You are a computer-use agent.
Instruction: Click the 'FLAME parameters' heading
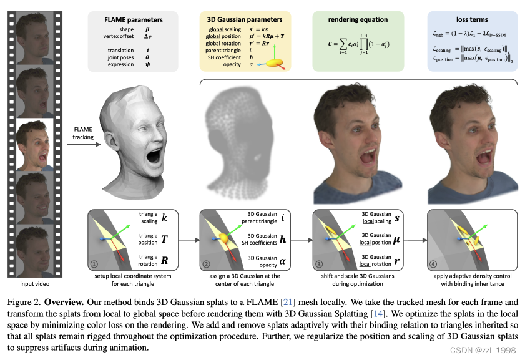[134, 19]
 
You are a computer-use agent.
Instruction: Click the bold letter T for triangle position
[165, 239]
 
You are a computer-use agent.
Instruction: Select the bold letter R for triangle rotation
[165, 259]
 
